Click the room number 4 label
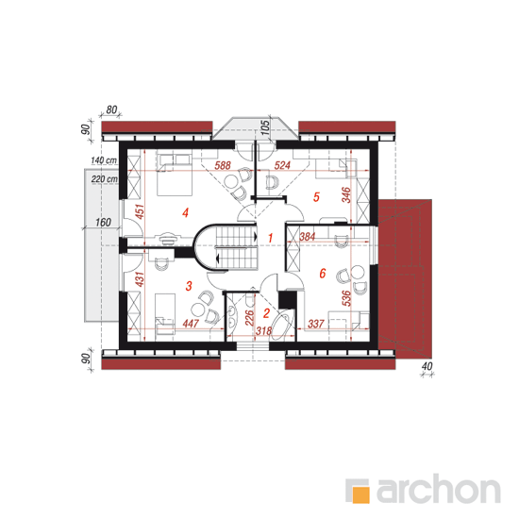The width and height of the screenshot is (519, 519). pyautogui.click(x=185, y=212)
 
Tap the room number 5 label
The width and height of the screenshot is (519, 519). pyautogui.click(x=316, y=197)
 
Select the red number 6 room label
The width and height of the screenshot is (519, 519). pyautogui.click(x=323, y=274)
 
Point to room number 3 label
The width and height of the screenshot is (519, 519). pyautogui.click(x=189, y=286)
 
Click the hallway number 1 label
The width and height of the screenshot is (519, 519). pyautogui.click(x=271, y=238)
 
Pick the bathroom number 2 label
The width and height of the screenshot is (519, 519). pyautogui.click(x=266, y=313)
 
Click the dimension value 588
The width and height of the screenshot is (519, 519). pyautogui.click(x=223, y=165)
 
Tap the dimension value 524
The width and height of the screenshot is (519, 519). pyautogui.click(x=282, y=165)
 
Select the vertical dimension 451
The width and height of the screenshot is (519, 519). pyautogui.click(x=140, y=211)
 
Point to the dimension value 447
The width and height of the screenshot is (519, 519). pyautogui.click(x=191, y=324)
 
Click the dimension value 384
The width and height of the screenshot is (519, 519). pyautogui.click(x=308, y=237)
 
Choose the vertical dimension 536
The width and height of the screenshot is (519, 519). pyautogui.click(x=346, y=298)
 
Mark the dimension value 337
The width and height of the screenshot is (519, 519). pyautogui.click(x=316, y=324)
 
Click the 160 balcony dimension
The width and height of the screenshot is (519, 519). pyautogui.click(x=103, y=222)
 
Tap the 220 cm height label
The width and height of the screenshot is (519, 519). pyautogui.click(x=105, y=179)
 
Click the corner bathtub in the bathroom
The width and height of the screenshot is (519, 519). pyautogui.click(x=282, y=325)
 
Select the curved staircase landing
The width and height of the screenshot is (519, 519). pyautogui.click(x=202, y=247)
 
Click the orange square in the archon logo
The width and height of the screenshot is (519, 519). pyautogui.click(x=360, y=494)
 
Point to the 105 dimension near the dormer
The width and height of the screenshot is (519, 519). pyautogui.click(x=265, y=127)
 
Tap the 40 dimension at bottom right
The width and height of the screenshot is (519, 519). pyautogui.click(x=427, y=366)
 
